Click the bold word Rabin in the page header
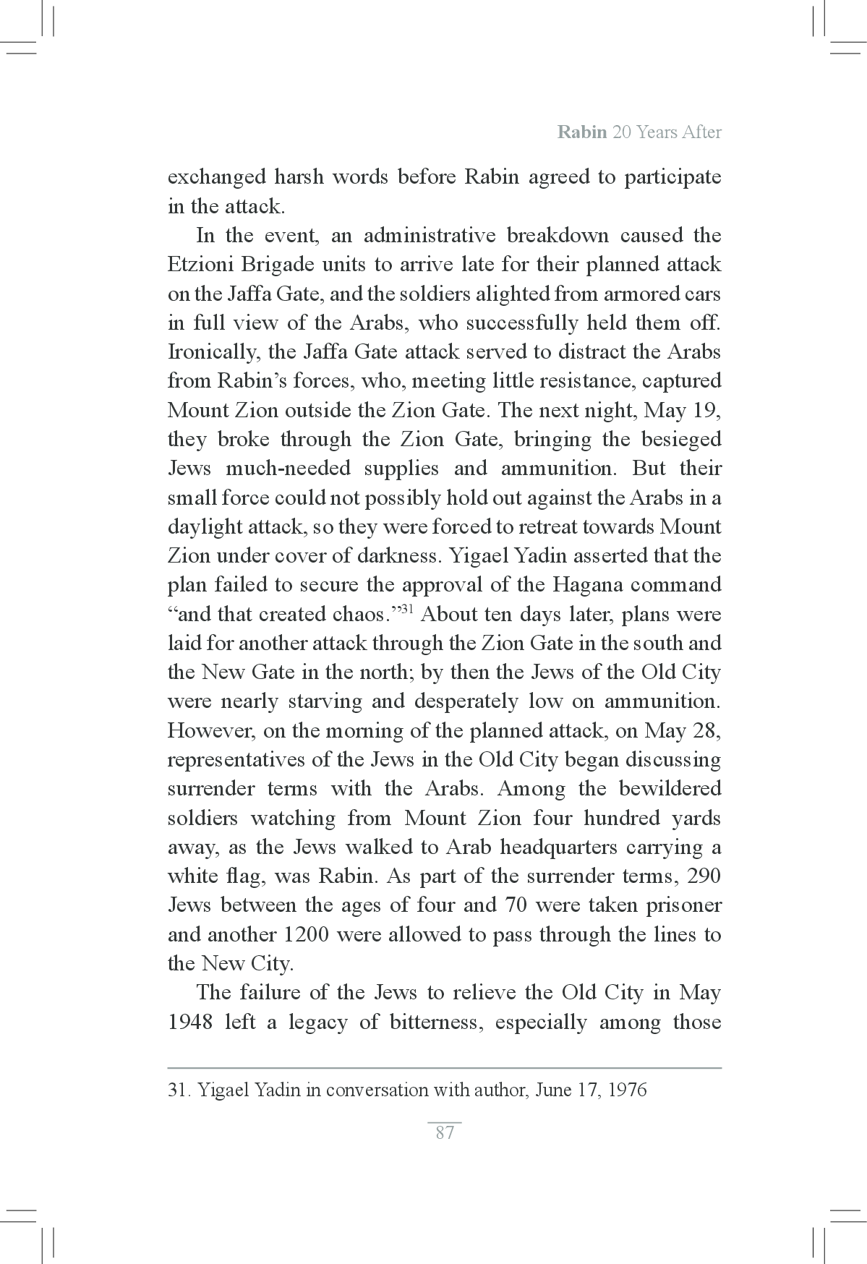tap(581, 132)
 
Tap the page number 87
tap(445, 1132)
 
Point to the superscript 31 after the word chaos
tap(406, 609)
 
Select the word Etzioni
tap(200, 265)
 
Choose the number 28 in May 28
tap(706, 731)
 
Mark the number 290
tap(704, 876)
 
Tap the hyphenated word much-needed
tap(289, 469)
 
